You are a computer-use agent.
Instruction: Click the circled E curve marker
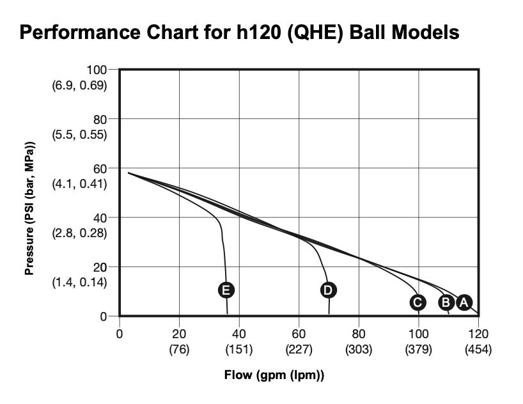(225, 290)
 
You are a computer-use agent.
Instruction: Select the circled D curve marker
(328, 290)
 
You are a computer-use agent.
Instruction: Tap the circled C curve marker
(417, 302)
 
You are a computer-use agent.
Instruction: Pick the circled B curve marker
(446, 302)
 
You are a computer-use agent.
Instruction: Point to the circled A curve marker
(464, 302)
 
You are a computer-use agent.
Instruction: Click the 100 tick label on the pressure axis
(97, 69)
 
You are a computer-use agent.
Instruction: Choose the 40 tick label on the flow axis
(239, 334)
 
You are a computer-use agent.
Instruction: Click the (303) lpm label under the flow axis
(359, 350)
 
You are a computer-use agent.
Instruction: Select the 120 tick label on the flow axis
(478, 334)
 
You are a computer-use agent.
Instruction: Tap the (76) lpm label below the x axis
(179, 350)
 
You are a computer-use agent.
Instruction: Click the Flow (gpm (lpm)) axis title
(274, 375)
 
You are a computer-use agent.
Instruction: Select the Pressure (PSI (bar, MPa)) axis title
(29, 208)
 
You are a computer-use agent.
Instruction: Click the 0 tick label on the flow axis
(120, 334)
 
